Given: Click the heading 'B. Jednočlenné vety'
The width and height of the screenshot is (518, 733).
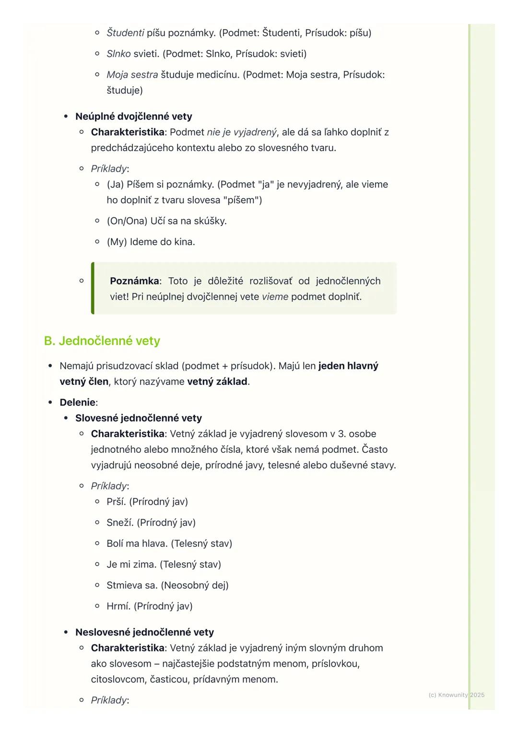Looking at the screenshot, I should click(102, 341).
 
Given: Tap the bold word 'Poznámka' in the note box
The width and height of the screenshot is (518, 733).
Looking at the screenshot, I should click(134, 281).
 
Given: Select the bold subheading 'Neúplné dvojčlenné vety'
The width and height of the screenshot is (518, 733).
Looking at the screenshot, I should click(133, 117).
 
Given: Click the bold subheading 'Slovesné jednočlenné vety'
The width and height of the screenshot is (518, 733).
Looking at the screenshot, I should click(138, 418).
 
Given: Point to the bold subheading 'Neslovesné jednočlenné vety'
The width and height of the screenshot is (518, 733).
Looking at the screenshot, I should click(144, 632).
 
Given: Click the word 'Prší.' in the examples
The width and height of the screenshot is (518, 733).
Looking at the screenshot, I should click(116, 502).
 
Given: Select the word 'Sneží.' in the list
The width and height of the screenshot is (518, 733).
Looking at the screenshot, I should click(120, 522).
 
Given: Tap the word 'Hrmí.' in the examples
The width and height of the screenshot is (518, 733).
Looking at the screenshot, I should click(118, 606).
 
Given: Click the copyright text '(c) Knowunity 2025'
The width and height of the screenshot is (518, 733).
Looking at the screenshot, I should click(456, 695).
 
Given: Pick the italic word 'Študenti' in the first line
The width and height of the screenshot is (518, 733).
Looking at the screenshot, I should click(125, 33).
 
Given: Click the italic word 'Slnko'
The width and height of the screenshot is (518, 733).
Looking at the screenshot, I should click(118, 54).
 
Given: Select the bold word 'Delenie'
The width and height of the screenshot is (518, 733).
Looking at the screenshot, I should click(77, 402).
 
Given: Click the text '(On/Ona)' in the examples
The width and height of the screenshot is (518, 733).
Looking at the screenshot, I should click(127, 221).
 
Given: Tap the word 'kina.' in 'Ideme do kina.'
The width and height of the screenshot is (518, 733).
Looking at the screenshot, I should click(184, 242).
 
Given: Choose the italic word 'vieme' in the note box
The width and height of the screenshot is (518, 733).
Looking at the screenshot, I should click(275, 297).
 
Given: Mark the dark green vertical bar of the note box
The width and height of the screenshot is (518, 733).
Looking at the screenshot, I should click(93, 288).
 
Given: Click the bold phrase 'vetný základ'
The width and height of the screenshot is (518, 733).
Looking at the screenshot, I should click(217, 382).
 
